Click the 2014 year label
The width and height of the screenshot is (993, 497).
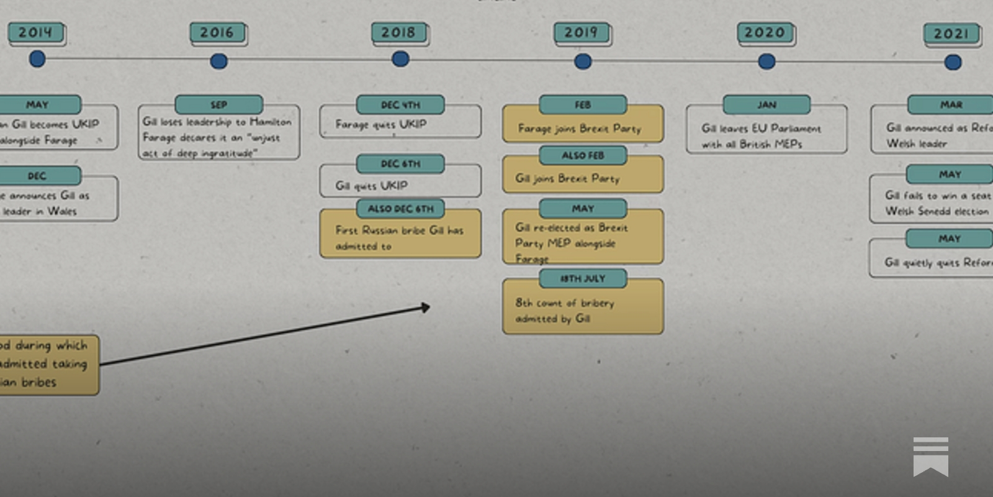(35, 33)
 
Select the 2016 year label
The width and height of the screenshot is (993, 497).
(217, 33)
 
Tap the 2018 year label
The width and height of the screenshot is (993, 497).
(398, 32)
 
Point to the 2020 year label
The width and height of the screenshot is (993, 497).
(765, 33)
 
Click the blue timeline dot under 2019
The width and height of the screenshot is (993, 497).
(583, 62)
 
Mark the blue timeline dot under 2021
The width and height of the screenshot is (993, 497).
(953, 62)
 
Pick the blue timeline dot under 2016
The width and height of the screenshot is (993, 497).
(218, 61)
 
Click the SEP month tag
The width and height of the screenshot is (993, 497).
(218, 105)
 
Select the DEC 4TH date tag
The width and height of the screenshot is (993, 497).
(400, 105)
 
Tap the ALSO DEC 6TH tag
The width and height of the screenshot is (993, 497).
(400, 209)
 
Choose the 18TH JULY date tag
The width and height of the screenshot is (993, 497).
(583, 278)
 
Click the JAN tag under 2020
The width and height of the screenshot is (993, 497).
(766, 105)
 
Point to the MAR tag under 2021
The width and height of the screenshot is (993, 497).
(951, 105)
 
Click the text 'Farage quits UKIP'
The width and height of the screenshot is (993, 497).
(381, 124)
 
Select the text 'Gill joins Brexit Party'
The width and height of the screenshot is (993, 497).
(567, 178)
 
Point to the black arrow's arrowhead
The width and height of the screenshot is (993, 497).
(426, 307)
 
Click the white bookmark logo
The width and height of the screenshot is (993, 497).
(930, 457)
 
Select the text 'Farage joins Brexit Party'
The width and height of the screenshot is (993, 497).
(580, 129)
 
